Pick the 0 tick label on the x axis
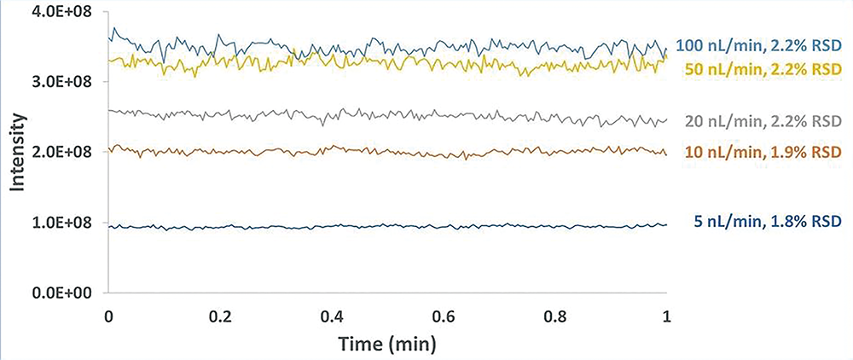tap(107, 315)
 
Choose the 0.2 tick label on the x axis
tap(220, 315)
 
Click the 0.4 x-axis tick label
tap(332, 315)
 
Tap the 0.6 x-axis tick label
tap(444, 315)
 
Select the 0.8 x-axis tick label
tap(555, 315)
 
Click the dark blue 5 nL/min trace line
tap(384, 226)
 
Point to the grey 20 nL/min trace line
tap(384, 114)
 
